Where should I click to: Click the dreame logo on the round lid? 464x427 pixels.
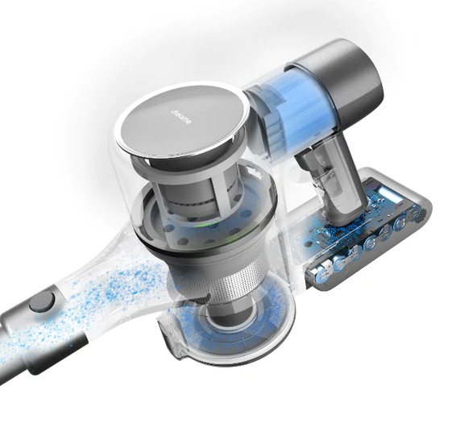pyautogui.click(x=181, y=117)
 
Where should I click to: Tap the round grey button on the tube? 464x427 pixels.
pyautogui.click(x=42, y=302)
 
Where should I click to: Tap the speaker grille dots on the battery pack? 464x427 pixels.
pyautogui.click(x=420, y=215)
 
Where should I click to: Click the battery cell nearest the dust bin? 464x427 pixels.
pyautogui.click(x=322, y=272)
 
